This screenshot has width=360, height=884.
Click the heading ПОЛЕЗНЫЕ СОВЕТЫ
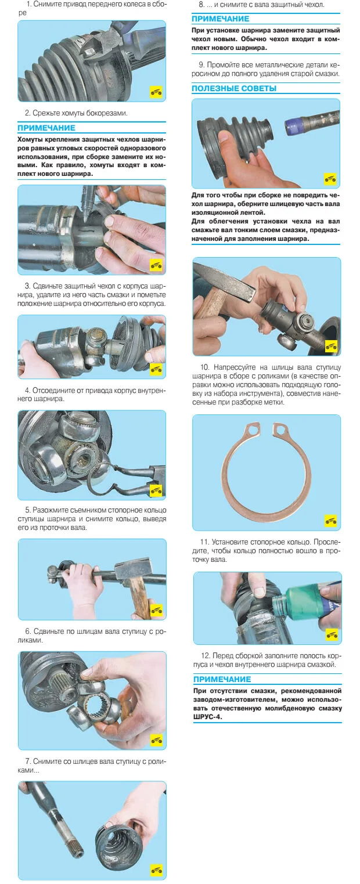point(233,88)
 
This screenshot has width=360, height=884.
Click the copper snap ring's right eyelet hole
point(280,428)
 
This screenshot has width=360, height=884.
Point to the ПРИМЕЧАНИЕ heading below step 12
point(222,679)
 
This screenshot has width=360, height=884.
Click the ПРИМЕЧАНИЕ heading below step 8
point(221,19)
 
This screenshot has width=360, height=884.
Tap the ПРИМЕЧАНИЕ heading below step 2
point(46,128)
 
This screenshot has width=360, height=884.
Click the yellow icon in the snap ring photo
point(331,521)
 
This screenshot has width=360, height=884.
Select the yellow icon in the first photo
point(156,92)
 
